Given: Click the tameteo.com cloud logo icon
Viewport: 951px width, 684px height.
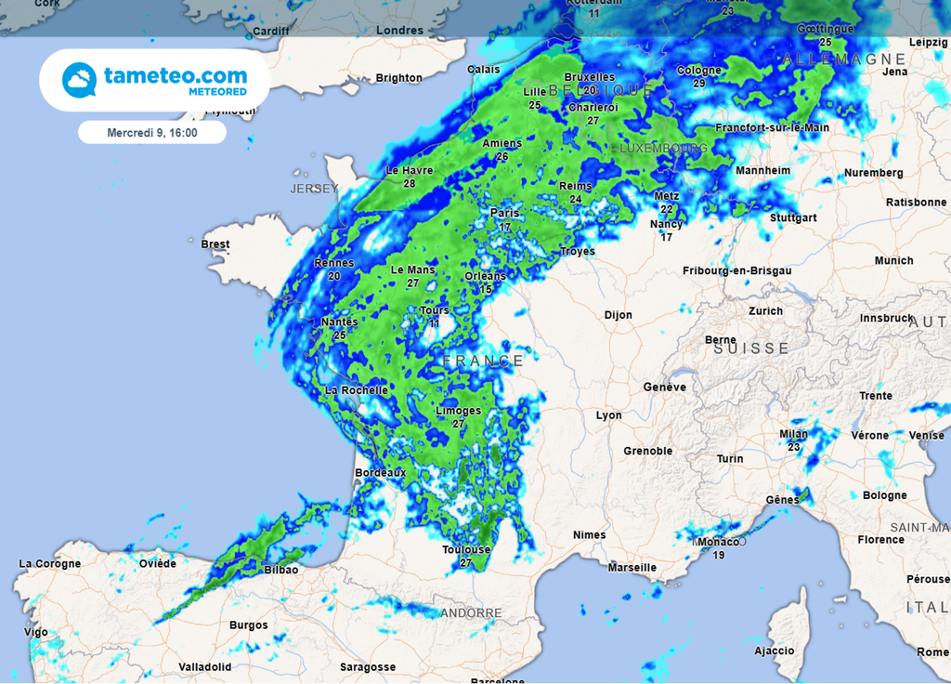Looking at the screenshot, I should (x=79, y=80).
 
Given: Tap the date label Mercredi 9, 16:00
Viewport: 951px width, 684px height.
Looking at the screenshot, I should (x=152, y=133).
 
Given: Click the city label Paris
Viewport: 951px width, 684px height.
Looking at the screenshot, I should (x=505, y=214).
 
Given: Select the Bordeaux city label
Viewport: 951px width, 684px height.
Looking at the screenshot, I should (x=381, y=473).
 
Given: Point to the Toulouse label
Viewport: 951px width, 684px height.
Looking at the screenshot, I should (x=465, y=550).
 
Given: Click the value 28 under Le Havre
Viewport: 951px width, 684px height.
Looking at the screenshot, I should (x=410, y=184).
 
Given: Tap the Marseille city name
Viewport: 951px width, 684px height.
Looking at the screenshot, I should (x=632, y=567).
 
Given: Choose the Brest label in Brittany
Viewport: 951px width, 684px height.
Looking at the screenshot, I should (x=215, y=244).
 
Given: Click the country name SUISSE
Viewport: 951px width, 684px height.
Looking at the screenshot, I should (x=751, y=349).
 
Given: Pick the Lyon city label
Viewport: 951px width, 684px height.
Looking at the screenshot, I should (x=609, y=415).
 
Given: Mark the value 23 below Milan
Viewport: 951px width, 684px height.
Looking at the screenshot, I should (x=794, y=447).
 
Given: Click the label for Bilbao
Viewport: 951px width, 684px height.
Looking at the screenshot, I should (x=281, y=570).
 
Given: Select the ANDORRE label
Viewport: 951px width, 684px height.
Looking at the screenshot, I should (x=471, y=613).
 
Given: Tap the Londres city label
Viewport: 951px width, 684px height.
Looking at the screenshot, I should (x=400, y=31).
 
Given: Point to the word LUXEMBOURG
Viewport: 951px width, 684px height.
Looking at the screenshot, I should (x=663, y=149).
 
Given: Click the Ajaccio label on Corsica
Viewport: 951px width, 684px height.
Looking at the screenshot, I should (x=775, y=651).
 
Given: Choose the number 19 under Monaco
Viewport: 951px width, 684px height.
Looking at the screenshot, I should (x=719, y=555).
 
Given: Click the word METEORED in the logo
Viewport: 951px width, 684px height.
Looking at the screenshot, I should (x=215, y=92).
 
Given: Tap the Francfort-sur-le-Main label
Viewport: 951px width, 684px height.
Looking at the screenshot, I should (x=772, y=127).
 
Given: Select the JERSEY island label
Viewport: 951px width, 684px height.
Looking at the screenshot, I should (x=315, y=189).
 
